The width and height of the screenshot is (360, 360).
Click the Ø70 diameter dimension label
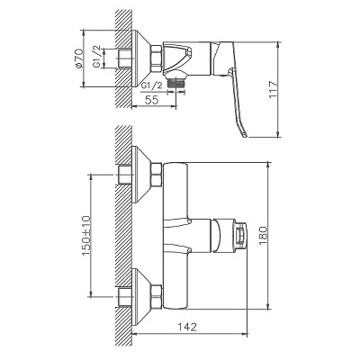pos(79,58)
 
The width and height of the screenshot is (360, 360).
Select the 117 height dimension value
pos(273,89)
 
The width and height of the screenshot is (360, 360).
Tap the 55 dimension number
pos(151,100)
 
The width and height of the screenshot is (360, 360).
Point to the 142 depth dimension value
pos(189,327)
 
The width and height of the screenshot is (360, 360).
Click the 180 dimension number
pos(263,236)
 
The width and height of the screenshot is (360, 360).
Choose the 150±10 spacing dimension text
pos(85,236)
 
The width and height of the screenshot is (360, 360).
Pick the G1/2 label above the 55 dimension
pos(151,85)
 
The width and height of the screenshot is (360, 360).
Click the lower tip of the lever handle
pos(245,136)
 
